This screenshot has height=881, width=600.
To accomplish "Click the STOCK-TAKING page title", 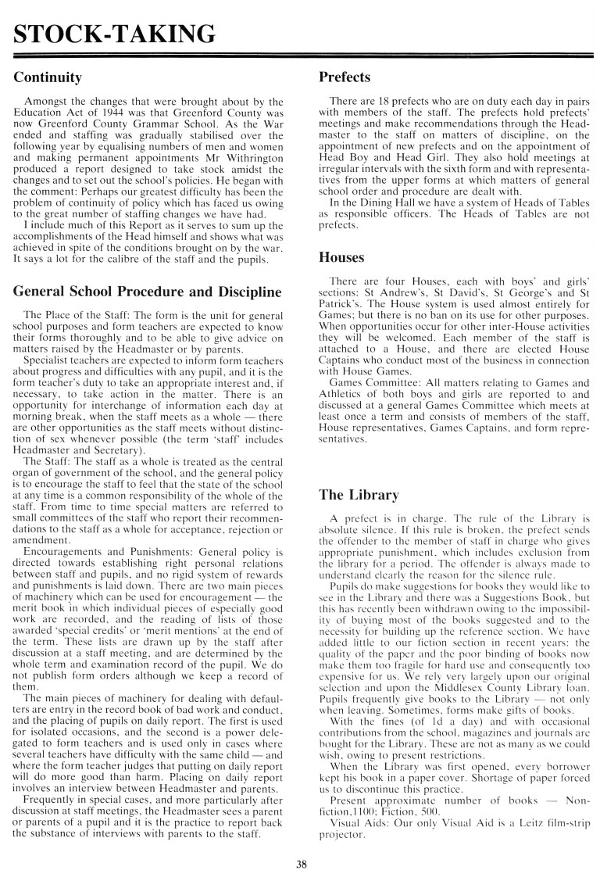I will [x=109, y=33].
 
